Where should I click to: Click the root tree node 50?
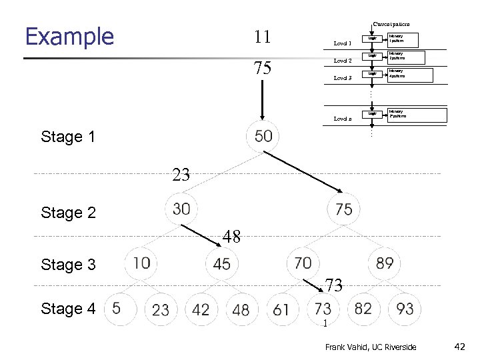point(263,137)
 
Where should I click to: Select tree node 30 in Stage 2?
point(181,209)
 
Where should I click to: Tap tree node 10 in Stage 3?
point(141,263)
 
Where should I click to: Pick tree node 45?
point(222,264)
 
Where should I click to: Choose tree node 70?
point(303,263)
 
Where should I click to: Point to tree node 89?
point(385,263)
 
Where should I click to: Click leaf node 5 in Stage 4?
point(117,308)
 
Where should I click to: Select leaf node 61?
point(281,309)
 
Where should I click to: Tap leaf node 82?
point(363,309)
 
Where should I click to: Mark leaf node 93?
point(405,309)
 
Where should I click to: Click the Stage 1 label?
point(68,137)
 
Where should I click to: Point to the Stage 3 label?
point(68,265)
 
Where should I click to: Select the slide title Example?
point(69,36)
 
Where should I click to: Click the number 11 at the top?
point(262,37)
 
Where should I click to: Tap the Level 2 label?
point(342,61)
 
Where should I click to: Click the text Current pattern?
point(391,24)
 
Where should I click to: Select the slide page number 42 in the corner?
point(459,347)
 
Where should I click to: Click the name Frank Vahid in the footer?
point(344,347)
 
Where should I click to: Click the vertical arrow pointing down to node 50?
point(262,99)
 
